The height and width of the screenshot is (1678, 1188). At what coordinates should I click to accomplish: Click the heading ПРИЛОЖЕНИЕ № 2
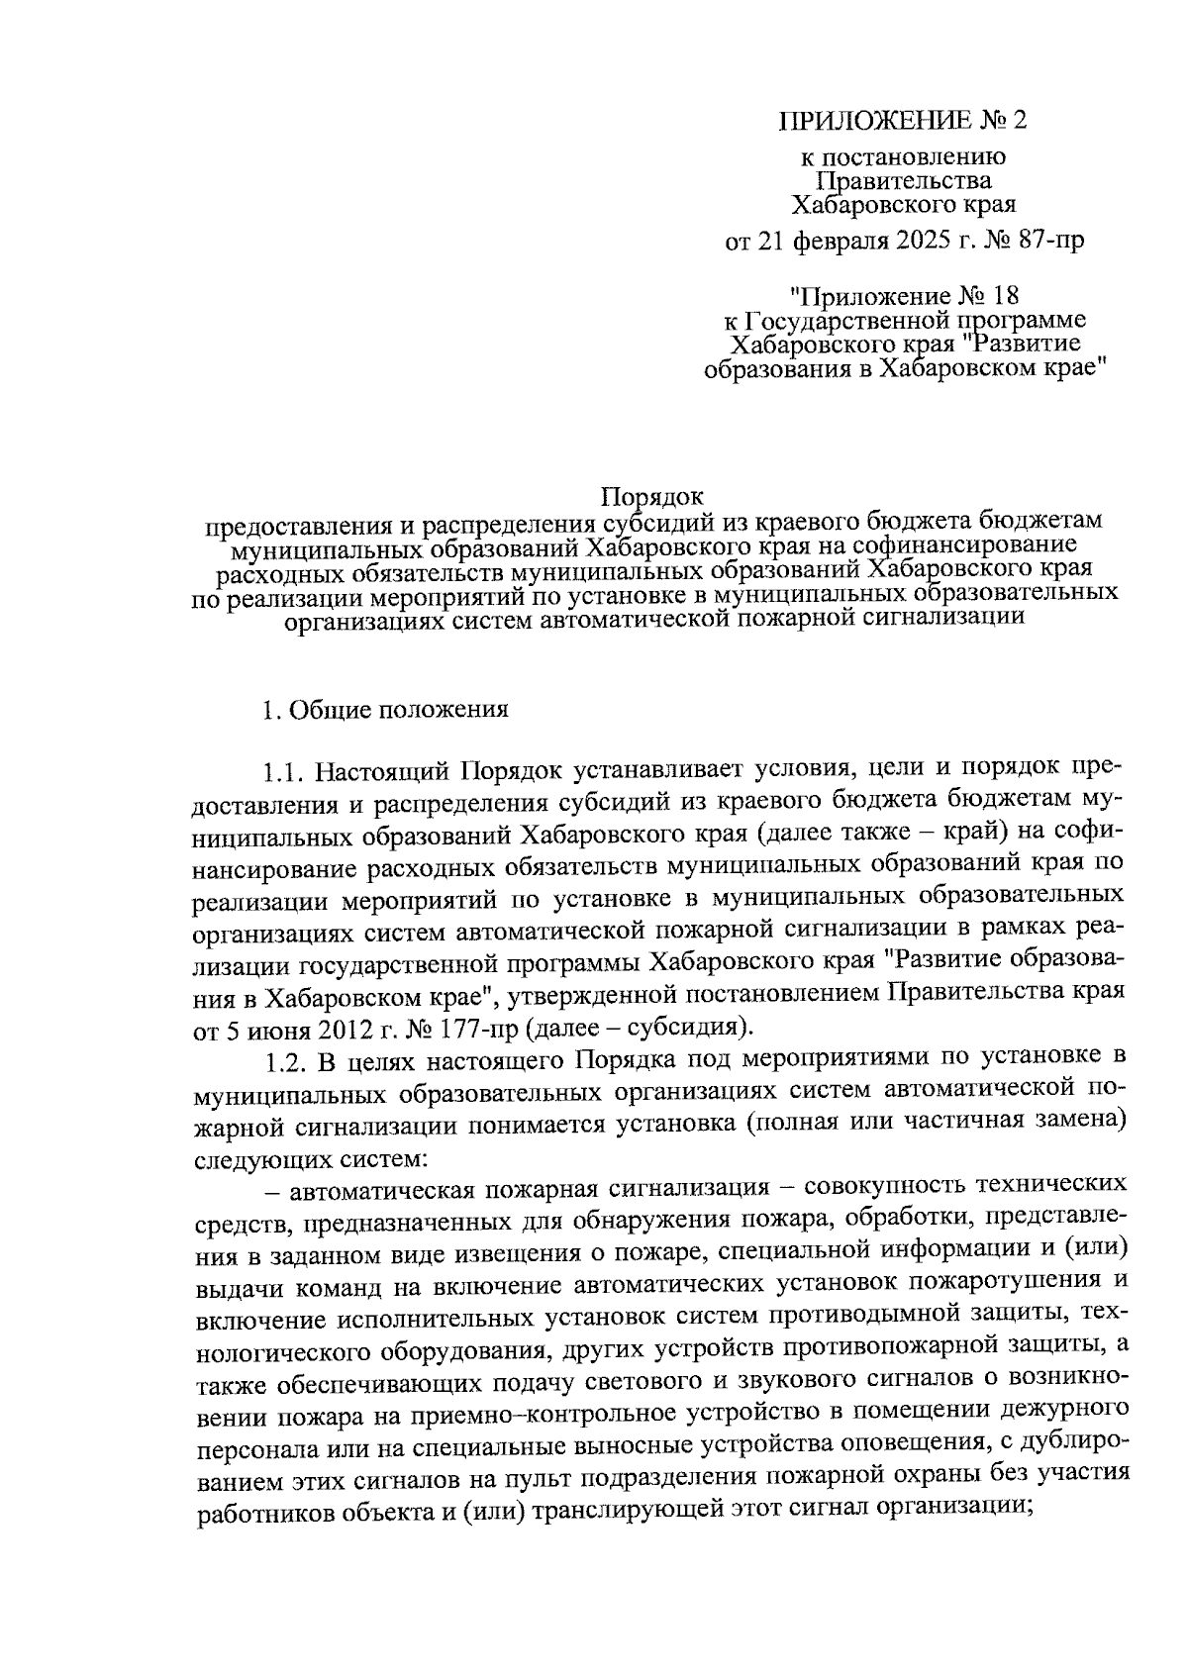tap(904, 121)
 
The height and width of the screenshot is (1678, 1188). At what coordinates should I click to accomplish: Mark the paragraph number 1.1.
tap(286, 770)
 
